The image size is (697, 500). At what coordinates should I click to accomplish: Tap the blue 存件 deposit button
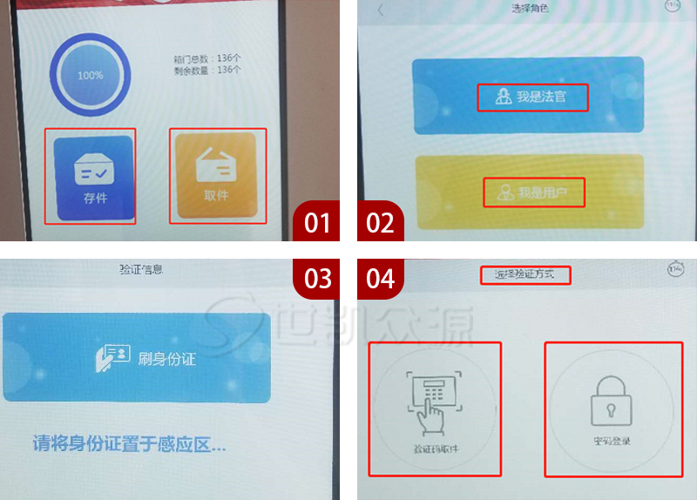91,177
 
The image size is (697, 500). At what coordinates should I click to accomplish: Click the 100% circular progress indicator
90,76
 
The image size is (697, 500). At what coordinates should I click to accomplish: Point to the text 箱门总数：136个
207,59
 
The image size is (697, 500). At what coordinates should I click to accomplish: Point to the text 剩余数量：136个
207,70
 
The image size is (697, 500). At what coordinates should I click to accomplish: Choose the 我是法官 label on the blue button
532,97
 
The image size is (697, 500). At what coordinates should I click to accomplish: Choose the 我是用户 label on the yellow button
533,193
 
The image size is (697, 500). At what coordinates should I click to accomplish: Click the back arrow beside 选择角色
380,10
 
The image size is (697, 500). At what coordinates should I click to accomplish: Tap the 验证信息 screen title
140,269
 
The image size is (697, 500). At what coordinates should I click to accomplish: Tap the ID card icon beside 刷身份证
111,357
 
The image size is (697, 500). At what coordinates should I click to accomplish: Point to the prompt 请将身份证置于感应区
128,444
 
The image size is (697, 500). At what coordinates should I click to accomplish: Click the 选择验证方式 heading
526,275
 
